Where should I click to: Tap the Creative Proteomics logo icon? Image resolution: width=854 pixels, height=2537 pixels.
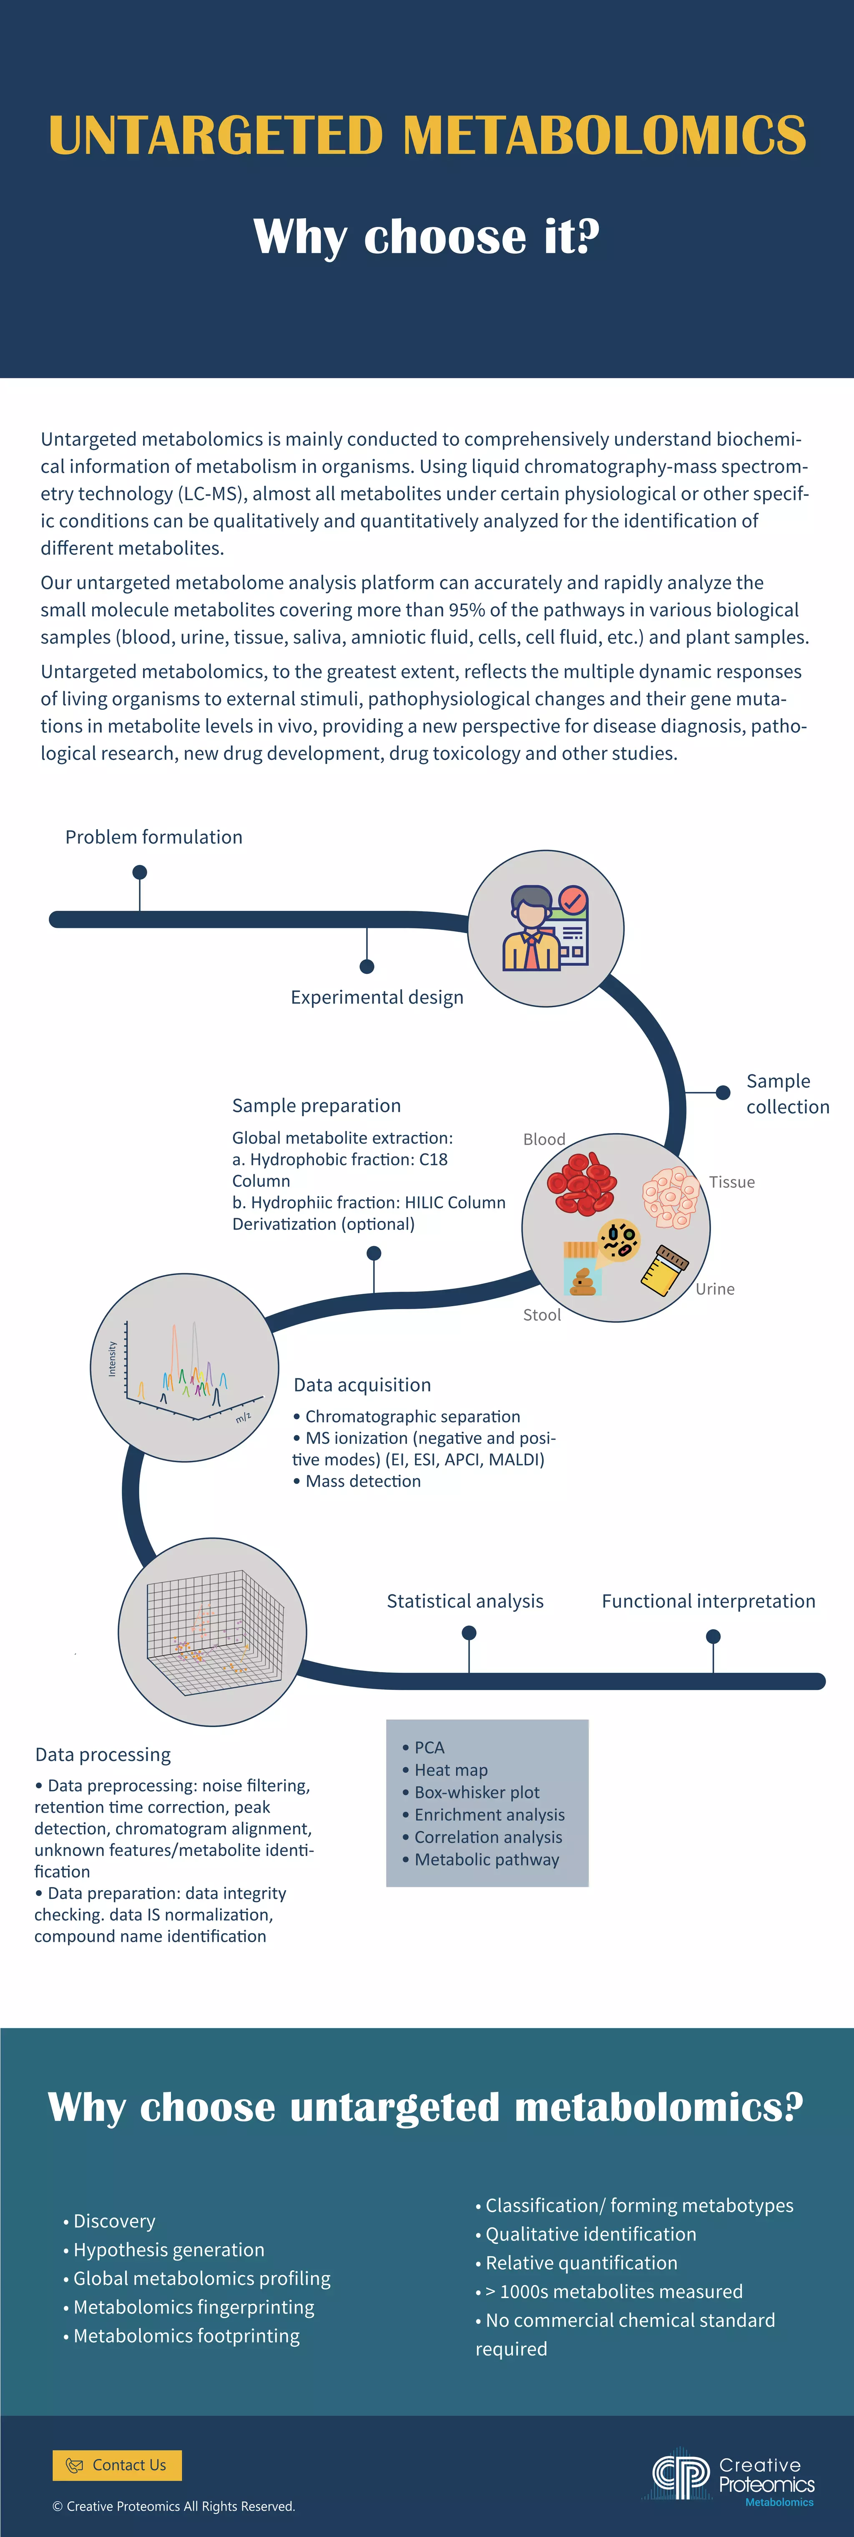(x=680, y=2476)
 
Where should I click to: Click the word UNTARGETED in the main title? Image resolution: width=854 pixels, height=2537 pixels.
(x=215, y=136)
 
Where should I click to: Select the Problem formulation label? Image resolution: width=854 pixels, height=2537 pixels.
(x=153, y=837)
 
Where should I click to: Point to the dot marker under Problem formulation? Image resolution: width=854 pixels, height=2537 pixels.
(x=140, y=872)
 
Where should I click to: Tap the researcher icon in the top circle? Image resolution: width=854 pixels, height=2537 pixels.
(x=545, y=929)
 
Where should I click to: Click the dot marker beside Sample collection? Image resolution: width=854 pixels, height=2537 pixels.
(x=723, y=1092)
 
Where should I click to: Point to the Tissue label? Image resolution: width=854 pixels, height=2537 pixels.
(x=732, y=1182)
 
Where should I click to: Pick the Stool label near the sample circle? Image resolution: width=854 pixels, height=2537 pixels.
(x=542, y=1315)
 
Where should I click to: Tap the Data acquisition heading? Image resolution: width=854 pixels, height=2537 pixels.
(x=362, y=1385)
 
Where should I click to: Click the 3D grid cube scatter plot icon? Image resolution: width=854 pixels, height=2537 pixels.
(x=213, y=1632)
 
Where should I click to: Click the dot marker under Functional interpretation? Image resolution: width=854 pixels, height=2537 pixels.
(x=713, y=1637)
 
